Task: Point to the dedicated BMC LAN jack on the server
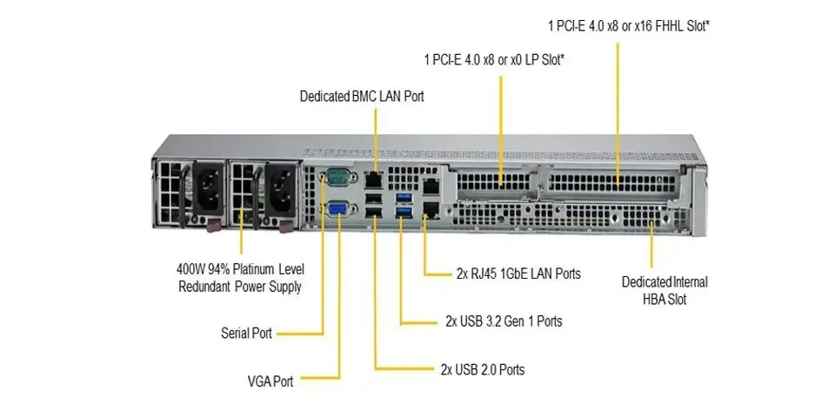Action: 374,179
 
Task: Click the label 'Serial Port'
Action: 247,333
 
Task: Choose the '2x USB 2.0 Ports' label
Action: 483,369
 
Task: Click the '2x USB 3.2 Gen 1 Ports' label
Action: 502,321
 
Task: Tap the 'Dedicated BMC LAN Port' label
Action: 362,96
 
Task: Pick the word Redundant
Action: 207,287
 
